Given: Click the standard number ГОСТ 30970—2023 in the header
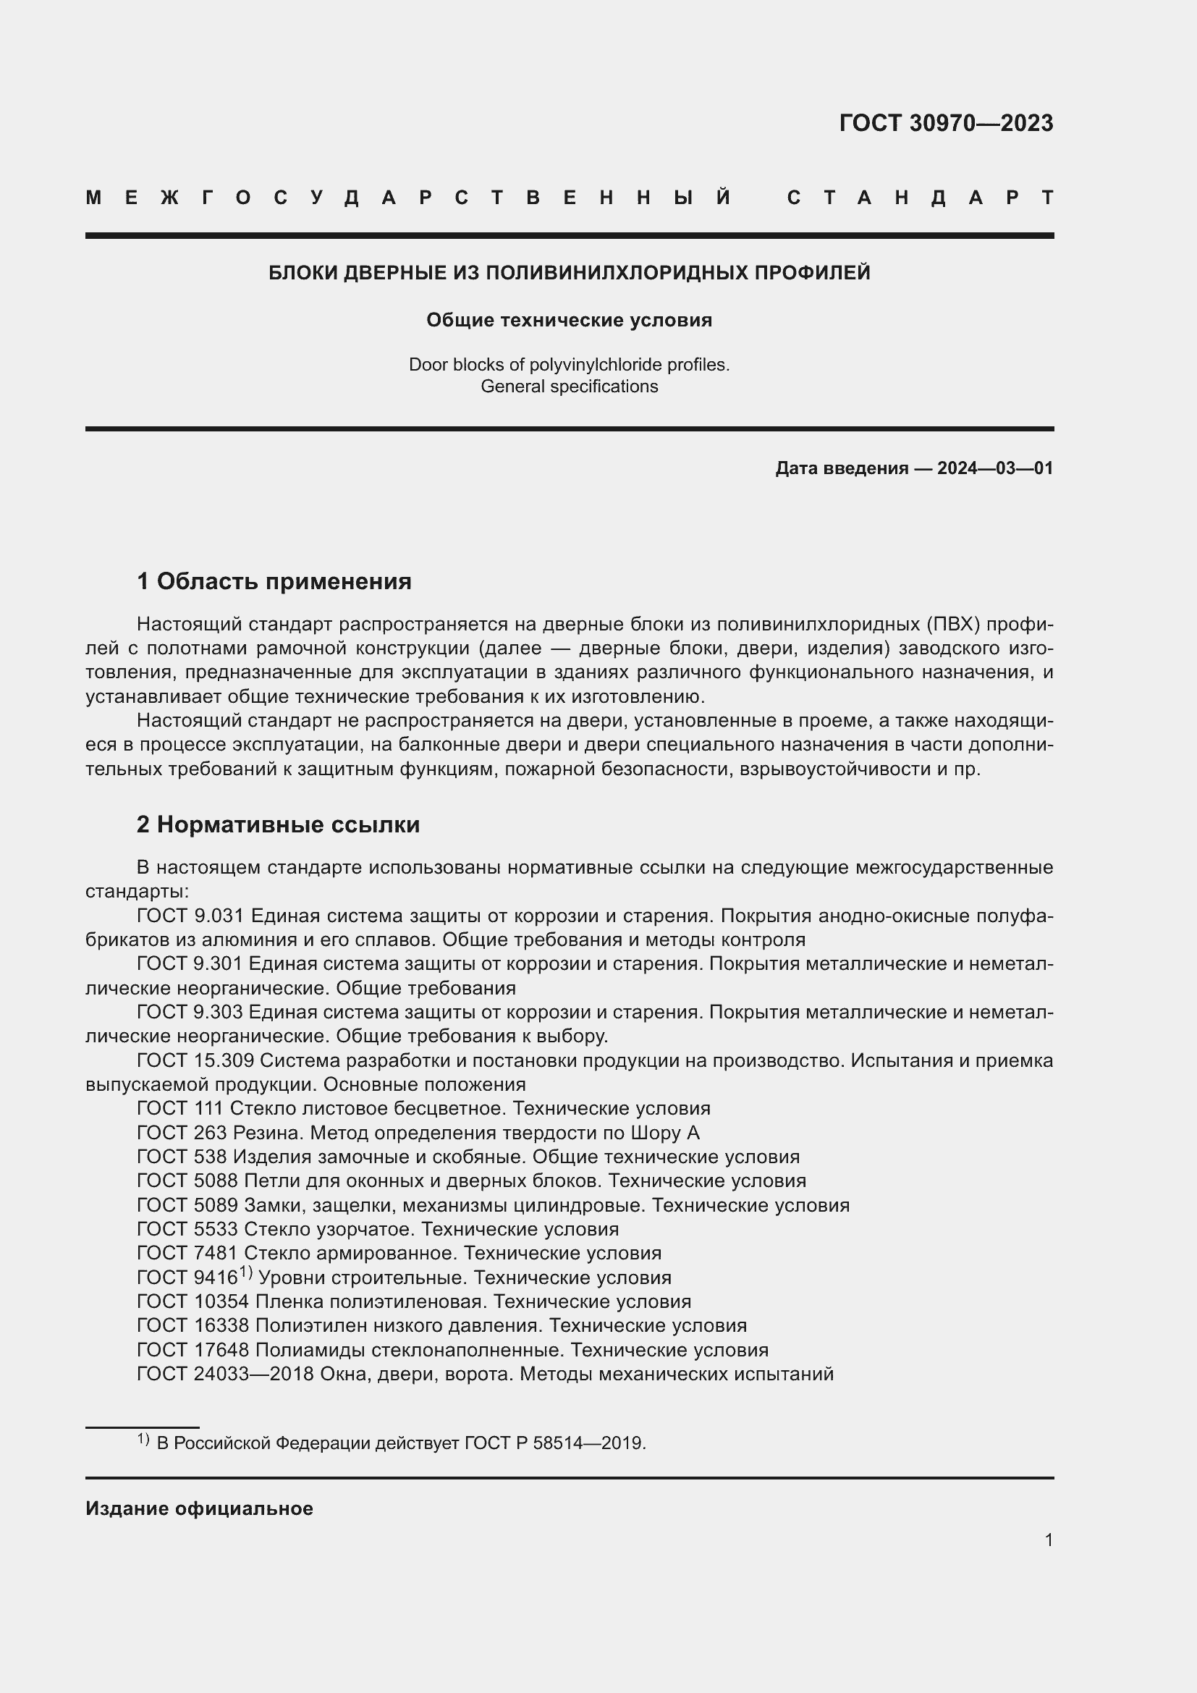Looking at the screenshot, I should click(x=946, y=123).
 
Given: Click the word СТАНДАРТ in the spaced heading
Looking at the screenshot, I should click(x=921, y=198).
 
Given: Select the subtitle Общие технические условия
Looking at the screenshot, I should click(x=569, y=320).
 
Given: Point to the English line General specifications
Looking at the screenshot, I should click(x=569, y=387).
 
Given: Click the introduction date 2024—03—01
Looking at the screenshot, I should click(x=995, y=468).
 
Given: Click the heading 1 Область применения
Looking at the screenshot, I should click(x=274, y=581).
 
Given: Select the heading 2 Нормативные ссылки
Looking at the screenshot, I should click(x=278, y=824).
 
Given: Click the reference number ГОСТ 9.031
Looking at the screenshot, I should click(x=190, y=916).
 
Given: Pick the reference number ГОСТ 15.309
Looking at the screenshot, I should click(x=195, y=1060).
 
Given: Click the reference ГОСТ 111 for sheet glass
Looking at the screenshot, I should click(x=181, y=1108).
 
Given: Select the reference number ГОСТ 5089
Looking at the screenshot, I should click(x=187, y=1205).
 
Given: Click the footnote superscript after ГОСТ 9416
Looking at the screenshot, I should click(x=245, y=1272).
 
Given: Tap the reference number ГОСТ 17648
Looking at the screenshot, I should click(x=193, y=1350).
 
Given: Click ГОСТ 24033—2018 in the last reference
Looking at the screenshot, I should click(x=226, y=1374).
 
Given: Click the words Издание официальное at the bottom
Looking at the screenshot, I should click(x=199, y=1508).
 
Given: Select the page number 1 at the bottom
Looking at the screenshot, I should click(x=1048, y=1540).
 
